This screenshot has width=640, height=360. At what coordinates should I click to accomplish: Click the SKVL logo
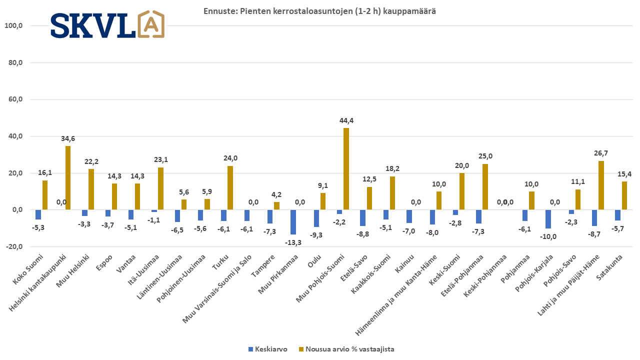point(107,24)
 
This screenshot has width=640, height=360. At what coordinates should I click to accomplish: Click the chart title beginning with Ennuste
point(319,11)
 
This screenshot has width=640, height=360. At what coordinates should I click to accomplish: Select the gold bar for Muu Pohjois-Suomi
point(346,169)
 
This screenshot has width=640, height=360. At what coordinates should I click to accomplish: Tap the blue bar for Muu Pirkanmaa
point(293,222)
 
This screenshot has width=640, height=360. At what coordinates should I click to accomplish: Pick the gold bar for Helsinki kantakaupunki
point(68,178)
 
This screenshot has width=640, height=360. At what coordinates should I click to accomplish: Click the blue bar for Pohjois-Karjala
point(548,219)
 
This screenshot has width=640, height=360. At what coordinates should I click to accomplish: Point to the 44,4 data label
point(346,120)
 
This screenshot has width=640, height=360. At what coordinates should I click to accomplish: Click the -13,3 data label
point(293,242)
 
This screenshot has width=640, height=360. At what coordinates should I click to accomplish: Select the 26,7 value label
point(600,153)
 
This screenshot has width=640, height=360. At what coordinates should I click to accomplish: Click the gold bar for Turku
point(230,188)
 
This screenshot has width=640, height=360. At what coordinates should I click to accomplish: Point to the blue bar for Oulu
point(316,218)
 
